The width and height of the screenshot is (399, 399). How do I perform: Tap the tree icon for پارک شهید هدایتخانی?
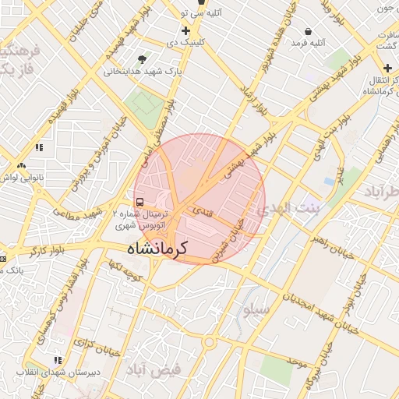tap(142, 59)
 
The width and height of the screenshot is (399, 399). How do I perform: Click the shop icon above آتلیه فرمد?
tap(309, 32)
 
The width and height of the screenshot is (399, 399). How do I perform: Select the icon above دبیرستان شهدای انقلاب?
tap(57, 360)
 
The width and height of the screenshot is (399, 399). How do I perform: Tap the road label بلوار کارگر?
tap(46, 252)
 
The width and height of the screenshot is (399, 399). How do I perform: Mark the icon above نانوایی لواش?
tap(21, 166)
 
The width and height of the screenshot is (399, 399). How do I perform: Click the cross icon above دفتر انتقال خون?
tap(387, 68)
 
